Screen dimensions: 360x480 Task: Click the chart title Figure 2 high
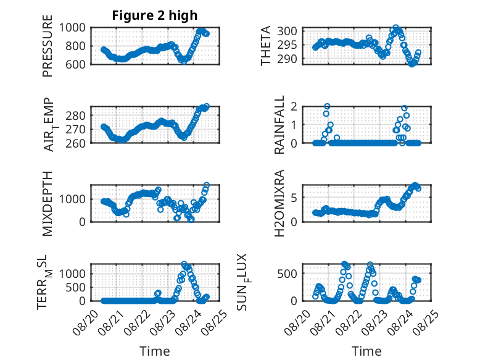pos(154,15)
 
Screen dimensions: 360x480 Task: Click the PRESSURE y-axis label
pos(48,51)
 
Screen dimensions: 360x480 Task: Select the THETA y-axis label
pos(266,46)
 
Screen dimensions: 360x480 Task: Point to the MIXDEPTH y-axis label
pos(48,203)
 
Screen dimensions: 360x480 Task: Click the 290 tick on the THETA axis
pos(292,59)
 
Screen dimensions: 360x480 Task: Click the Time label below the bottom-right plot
pos(366,351)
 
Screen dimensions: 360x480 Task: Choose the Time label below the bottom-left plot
pos(154,351)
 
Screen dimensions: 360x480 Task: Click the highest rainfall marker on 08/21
pos(327,106)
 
